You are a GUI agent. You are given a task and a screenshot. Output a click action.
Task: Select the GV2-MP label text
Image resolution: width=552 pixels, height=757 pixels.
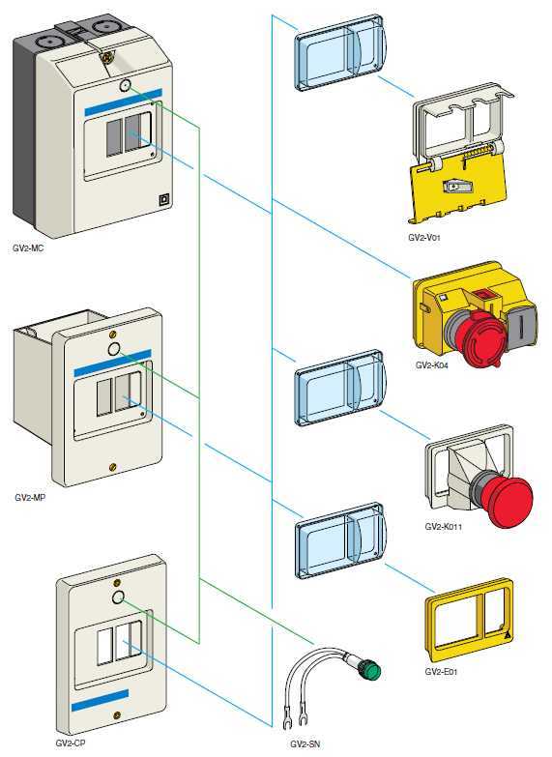click(30, 498)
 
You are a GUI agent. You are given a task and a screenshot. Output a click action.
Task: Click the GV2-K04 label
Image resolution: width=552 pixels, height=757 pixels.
click(432, 365)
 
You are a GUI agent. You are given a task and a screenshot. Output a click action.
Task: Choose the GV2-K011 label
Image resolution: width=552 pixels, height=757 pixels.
click(444, 528)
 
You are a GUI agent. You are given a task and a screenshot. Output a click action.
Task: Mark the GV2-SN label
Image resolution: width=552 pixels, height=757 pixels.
click(307, 744)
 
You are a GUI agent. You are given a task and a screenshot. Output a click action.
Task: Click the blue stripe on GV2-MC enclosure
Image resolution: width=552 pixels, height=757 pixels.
click(123, 108)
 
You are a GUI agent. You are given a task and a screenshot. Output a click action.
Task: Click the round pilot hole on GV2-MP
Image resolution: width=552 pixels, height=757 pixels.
click(114, 348)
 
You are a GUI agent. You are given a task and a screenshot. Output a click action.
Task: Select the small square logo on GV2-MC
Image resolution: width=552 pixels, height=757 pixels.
click(163, 201)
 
